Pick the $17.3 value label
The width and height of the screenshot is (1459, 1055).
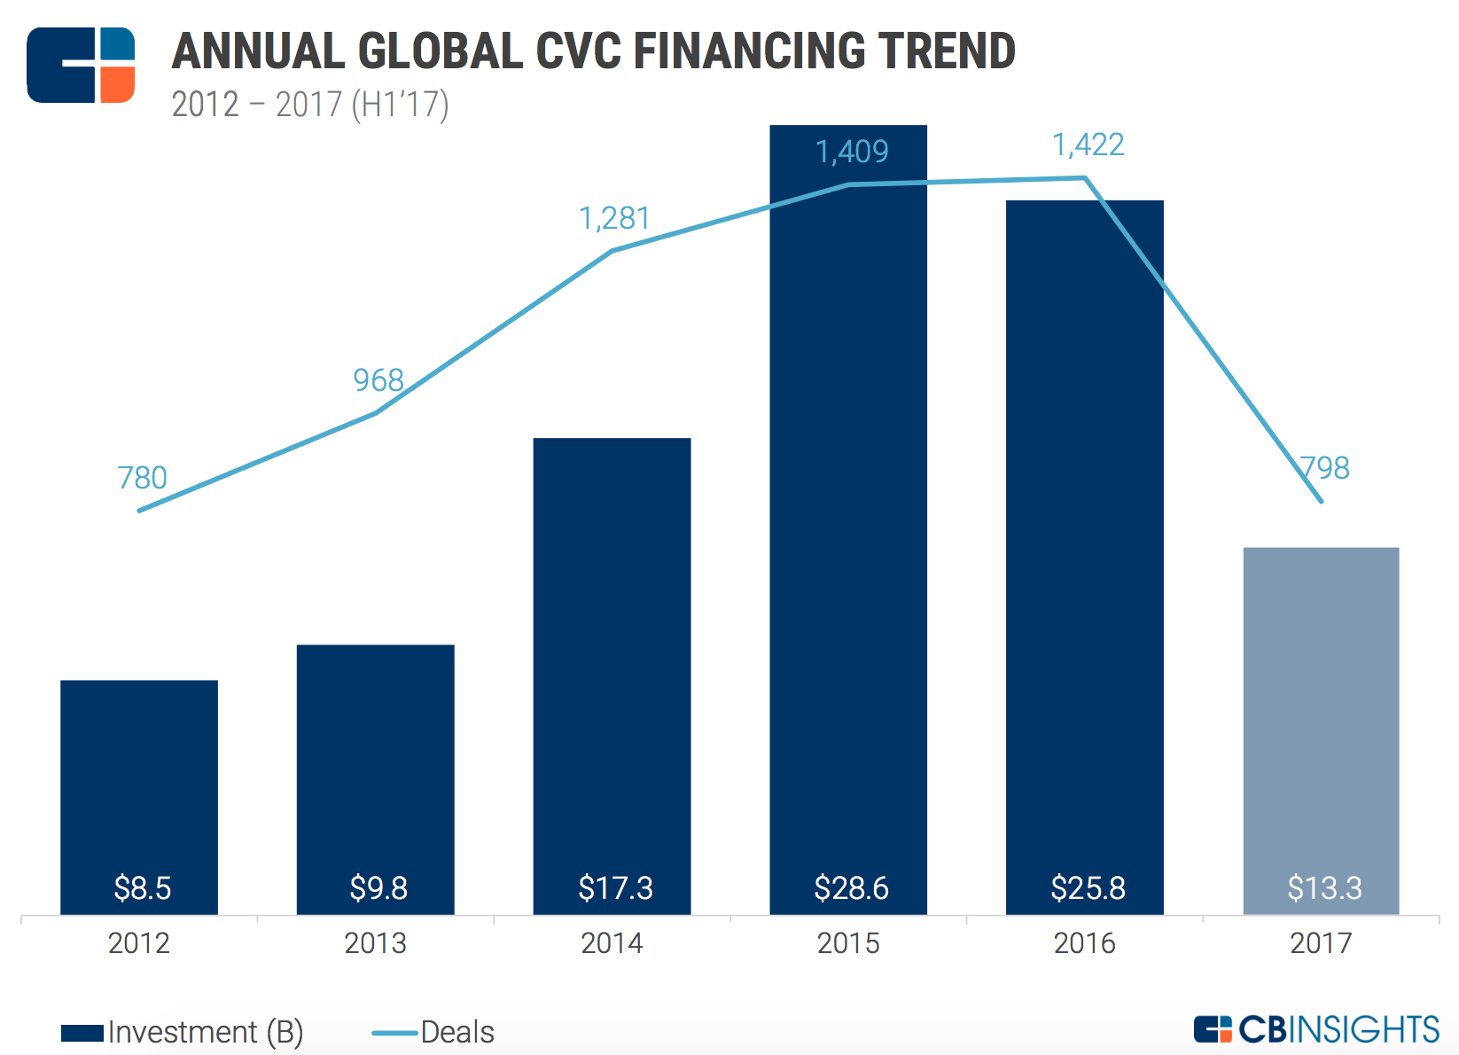615,887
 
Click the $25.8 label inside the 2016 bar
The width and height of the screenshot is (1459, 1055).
1088,887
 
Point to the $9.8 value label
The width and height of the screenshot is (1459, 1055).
378,887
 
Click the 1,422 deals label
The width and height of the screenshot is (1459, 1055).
1088,145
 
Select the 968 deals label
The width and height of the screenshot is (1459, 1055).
378,380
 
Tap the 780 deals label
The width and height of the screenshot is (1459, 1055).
142,478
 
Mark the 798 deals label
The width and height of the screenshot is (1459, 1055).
1324,467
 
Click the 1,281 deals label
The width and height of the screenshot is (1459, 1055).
614,218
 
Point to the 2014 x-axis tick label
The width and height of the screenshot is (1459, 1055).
612,942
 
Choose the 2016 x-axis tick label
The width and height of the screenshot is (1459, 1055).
1085,942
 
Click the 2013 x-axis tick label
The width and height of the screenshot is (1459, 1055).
375,942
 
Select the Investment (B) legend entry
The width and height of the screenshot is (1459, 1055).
182,1032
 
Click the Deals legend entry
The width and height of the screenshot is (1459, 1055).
434,1032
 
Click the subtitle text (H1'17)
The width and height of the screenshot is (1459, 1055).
401,105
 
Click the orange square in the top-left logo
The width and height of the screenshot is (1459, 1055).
117,84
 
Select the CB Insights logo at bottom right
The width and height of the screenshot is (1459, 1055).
1316,1029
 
